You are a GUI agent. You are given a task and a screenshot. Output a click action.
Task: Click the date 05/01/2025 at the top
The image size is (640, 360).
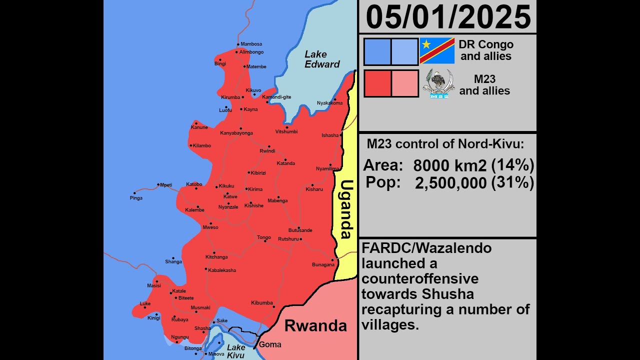pyautogui.click(x=448, y=17)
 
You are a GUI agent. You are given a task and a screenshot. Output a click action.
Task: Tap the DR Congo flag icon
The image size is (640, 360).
pyautogui.click(x=437, y=51)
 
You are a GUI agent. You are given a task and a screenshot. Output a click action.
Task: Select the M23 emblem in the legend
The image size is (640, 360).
pyautogui.click(x=438, y=83)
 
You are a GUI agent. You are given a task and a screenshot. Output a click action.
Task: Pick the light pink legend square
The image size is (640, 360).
pyautogui.click(x=405, y=83)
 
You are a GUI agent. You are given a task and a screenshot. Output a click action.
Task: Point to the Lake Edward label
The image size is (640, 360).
pyautogui.click(x=322, y=59)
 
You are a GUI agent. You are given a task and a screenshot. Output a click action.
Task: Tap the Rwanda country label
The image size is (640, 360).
pyautogui.click(x=315, y=326)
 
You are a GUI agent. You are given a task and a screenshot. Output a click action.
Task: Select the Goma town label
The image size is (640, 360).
pyautogui.click(x=270, y=344)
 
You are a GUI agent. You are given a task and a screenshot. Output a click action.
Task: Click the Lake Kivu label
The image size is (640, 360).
pyautogui.click(x=236, y=351)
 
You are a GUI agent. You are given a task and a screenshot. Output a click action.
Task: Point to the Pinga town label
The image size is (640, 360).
pyautogui.click(x=136, y=198)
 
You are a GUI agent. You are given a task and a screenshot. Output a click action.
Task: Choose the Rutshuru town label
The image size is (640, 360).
pyautogui.click(x=288, y=239)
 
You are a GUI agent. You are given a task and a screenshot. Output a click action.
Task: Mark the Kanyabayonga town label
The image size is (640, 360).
pyautogui.click(x=236, y=133)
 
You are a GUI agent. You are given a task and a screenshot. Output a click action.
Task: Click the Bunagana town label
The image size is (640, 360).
pyautogui.click(x=323, y=264)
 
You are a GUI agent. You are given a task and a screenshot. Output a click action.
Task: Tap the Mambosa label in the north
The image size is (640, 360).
pyautogui.click(x=251, y=44)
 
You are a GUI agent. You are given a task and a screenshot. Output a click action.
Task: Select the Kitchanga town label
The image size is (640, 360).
pyautogui.click(x=216, y=257)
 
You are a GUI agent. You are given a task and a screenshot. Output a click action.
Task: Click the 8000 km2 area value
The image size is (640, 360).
pyautogui.click(x=450, y=165)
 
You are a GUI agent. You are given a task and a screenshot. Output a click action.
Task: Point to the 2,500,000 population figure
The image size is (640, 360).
pyautogui.click(x=450, y=183)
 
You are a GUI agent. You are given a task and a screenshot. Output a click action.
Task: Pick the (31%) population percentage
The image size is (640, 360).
pyautogui.click(x=512, y=182)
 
